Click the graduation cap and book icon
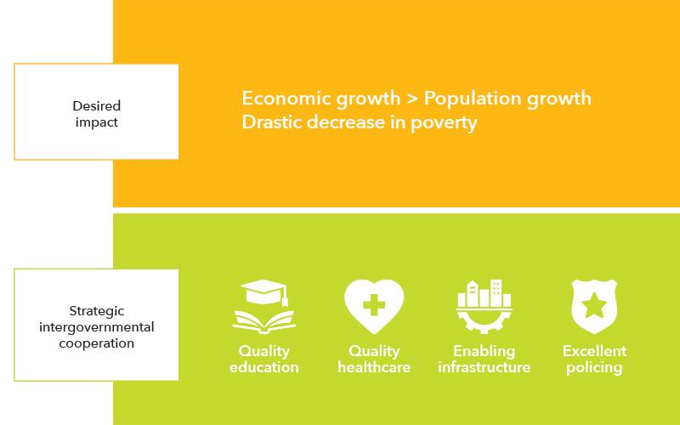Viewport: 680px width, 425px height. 264,307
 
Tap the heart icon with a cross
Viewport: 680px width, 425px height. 374,306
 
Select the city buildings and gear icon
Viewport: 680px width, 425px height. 484,307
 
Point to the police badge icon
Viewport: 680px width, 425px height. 594,307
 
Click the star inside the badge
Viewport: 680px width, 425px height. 594,305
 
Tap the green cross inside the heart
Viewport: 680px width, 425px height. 374,305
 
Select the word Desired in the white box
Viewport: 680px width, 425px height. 97,105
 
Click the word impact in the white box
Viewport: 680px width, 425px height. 97,122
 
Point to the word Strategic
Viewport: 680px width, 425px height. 97,311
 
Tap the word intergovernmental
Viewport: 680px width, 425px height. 97,327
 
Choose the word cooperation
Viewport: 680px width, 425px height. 97,343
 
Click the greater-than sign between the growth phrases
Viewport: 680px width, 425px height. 412,99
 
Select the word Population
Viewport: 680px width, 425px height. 473,99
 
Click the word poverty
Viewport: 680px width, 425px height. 444,122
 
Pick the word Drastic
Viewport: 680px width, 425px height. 271,122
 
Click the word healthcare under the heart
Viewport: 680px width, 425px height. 374,367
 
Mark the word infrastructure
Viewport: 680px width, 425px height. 484,367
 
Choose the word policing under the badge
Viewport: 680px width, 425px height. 594,368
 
